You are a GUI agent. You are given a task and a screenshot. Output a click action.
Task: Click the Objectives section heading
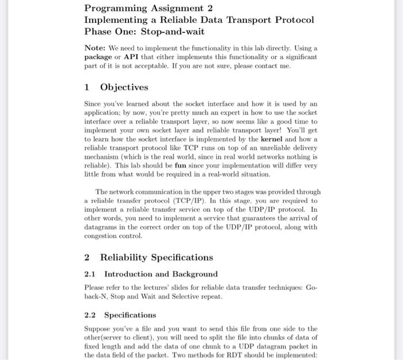click(124, 87)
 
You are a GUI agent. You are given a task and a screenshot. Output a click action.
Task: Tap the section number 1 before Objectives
click(87, 87)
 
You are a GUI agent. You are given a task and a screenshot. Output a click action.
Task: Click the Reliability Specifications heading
click(157, 257)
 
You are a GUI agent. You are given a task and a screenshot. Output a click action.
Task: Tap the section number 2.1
click(90, 274)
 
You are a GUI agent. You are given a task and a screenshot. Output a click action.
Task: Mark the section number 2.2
click(90, 315)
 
